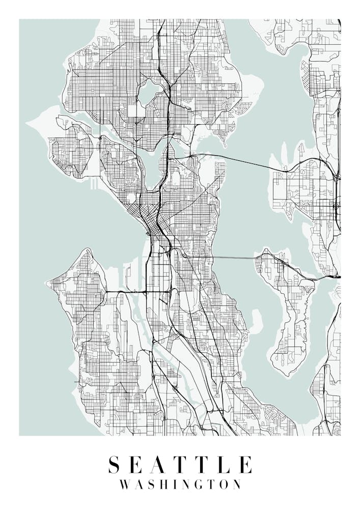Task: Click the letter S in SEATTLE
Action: [115, 465]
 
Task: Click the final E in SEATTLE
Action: [245, 465]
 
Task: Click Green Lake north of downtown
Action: [148, 93]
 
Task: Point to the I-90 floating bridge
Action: [234, 258]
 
